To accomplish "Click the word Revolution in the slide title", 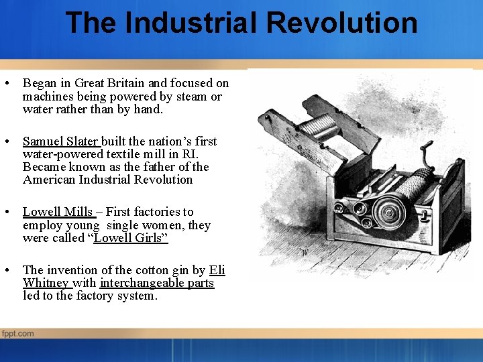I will [x=342, y=22].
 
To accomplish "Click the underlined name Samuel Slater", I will [x=60, y=141].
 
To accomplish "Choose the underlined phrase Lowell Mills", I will [x=57, y=212].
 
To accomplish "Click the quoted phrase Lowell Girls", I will [x=130, y=238].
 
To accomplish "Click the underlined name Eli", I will [x=217, y=270].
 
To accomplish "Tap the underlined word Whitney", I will [x=46, y=283].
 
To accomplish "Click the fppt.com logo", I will [x=18, y=333].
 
